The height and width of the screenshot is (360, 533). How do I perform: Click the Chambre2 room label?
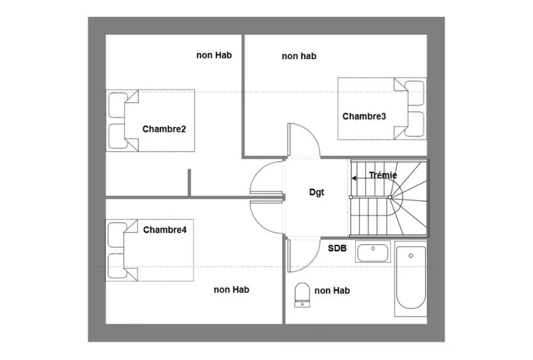164,129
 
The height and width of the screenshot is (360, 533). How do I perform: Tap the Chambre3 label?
364,116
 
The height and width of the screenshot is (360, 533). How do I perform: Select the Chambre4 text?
165,230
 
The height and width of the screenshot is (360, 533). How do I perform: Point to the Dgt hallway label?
317,193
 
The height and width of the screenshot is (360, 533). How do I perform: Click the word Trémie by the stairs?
383,175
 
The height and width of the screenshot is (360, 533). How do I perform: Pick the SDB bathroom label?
337,249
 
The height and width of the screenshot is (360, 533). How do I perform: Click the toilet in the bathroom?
302,295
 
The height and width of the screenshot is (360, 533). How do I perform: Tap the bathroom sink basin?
373,252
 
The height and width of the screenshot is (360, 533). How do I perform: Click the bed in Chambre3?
382,109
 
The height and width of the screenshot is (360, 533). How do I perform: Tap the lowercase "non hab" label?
299,56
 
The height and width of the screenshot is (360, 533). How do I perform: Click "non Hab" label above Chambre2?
214,55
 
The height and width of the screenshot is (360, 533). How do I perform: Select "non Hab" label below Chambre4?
231,290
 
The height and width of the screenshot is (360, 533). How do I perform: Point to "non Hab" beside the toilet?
332,291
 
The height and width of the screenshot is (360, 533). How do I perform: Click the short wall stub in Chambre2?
189,182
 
